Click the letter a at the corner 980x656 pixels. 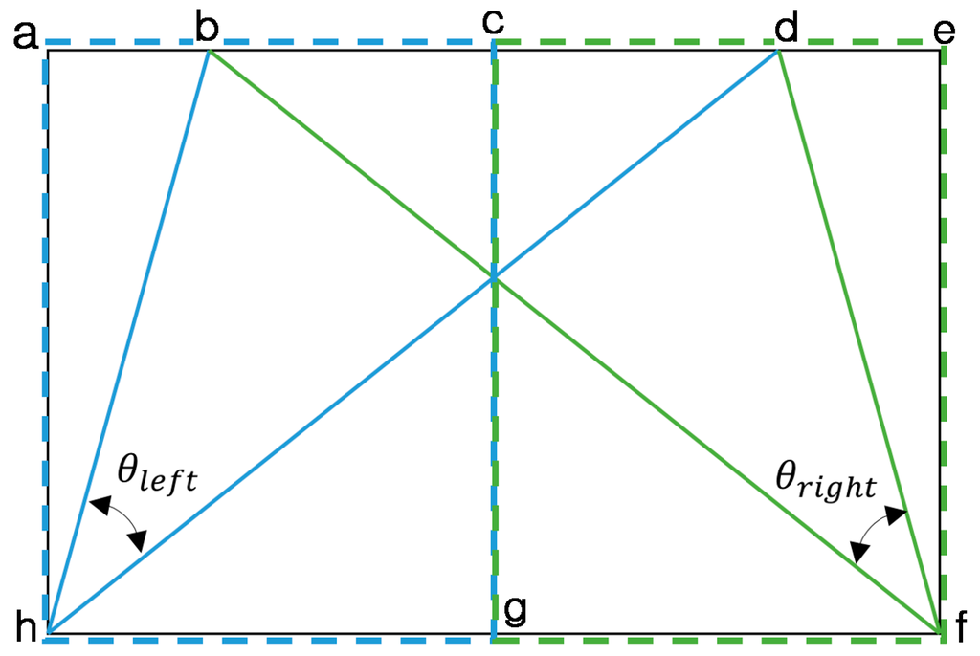(26, 35)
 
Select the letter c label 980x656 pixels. (494, 22)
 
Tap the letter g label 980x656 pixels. (515, 608)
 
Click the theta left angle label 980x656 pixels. (157, 472)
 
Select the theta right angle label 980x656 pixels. (825, 484)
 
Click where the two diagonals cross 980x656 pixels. (494, 278)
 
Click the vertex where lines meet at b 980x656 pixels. (209, 52)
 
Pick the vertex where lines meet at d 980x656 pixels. (778, 52)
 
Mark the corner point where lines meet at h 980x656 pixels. (48, 633)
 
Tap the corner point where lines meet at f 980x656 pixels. (939, 632)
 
